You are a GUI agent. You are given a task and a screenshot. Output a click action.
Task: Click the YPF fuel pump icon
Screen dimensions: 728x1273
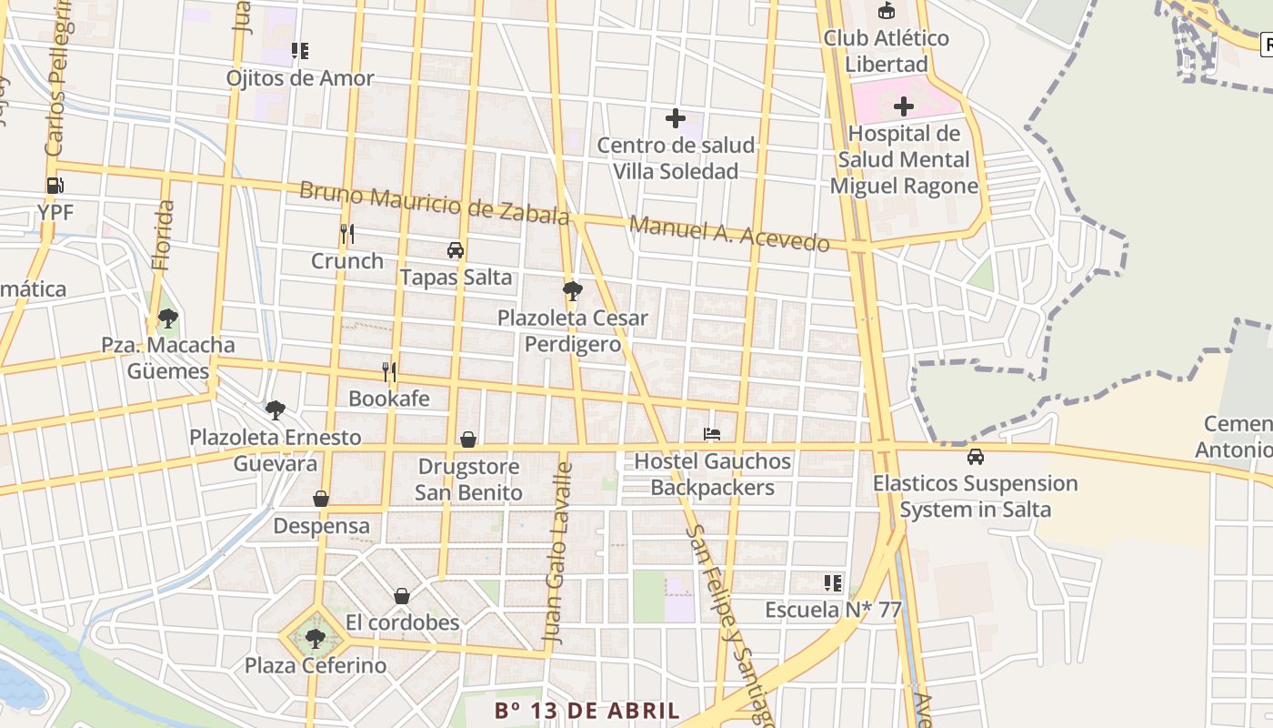coord(55,186)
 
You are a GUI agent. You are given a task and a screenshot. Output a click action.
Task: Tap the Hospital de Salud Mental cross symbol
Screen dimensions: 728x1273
coord(903,106)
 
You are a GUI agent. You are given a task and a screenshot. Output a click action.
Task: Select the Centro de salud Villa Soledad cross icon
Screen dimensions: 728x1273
coord(675,117)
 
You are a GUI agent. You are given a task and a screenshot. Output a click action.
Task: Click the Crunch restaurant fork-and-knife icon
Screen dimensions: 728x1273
coord(346,234)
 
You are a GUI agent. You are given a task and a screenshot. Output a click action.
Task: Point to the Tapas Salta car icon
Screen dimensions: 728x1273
coord(456,250)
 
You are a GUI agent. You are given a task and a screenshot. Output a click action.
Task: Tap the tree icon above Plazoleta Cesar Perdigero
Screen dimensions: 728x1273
coord(572,291)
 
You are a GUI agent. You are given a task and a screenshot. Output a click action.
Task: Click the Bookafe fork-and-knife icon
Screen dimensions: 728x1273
coord(389,371)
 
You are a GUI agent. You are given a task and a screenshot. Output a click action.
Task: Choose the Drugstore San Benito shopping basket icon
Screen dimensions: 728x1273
coord(468,440)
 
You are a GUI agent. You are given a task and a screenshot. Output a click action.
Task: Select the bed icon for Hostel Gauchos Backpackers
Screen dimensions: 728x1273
coord(712,434)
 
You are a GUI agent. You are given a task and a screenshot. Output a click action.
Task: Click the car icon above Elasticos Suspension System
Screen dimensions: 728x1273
coord(975,456)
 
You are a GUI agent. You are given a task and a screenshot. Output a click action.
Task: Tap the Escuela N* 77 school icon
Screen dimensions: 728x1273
coord(832,582)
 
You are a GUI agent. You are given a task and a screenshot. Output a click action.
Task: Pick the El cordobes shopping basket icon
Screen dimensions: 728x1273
coord(402,596)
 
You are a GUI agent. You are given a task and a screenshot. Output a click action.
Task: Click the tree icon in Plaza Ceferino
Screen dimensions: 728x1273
coord(315,639)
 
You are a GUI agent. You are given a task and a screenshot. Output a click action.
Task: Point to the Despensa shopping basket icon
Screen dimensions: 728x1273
coord(321,499)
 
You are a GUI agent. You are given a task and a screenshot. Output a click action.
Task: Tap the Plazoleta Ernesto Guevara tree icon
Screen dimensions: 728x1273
coord(275,410)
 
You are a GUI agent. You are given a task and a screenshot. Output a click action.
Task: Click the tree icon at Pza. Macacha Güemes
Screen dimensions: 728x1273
coord(167,318)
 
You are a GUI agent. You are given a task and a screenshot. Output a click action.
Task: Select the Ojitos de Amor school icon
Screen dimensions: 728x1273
coord(299,51)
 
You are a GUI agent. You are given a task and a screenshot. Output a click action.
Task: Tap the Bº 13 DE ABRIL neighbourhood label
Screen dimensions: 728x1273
coord(587,711)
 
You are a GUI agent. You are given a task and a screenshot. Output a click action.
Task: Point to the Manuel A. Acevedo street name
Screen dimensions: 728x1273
coord(729,234)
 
